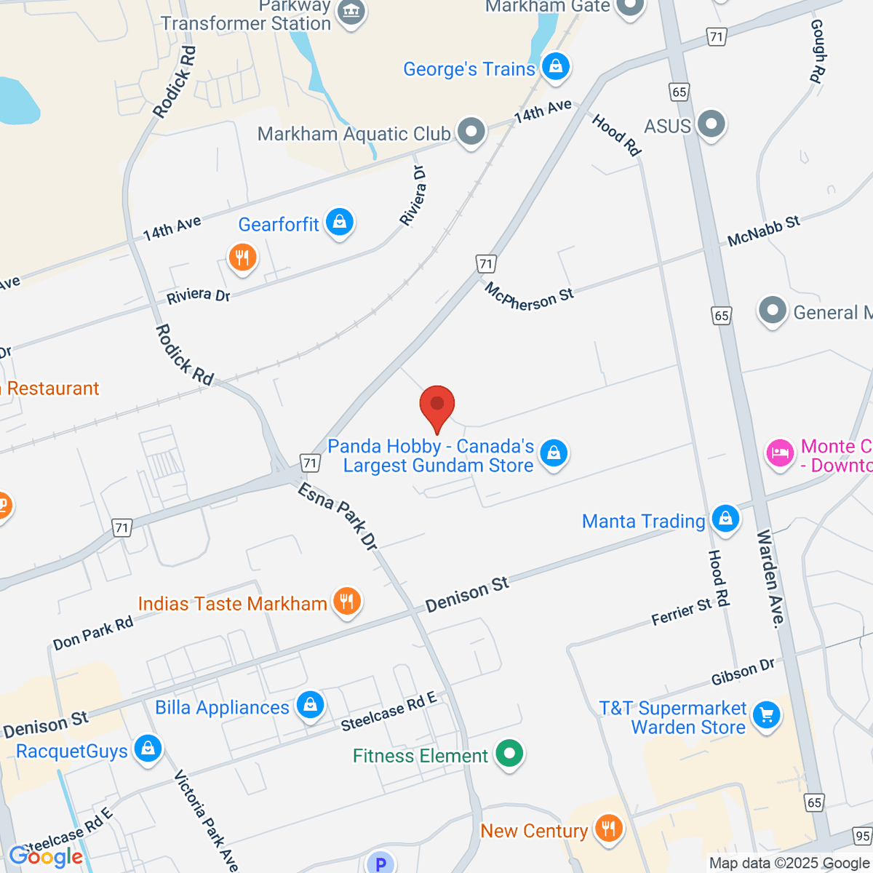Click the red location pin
[x=437, y=405]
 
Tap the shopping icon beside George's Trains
[x=556, y=67]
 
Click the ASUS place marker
[x=711, y=124]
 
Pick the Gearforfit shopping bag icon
[x=339, y=222]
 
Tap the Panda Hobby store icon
[x=554, y=453]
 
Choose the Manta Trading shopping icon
[x=725, y=519]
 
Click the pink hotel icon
[x=779, y=453]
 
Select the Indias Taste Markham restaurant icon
[x=347, y=602]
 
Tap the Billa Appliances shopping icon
[x=310, y=705]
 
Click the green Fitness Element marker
[x=509, y=754]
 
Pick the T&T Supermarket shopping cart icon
[x=766, y=715]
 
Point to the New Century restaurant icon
[x=608, y=829]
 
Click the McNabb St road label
[x=763, y=231]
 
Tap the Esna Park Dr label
[x=338, y=517]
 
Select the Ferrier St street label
[x=681, y=612]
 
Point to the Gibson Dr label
[x=743, y=671]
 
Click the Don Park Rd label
[x=93, y=633]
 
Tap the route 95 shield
[x=863, y=836]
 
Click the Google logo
[x=46, y=856]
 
